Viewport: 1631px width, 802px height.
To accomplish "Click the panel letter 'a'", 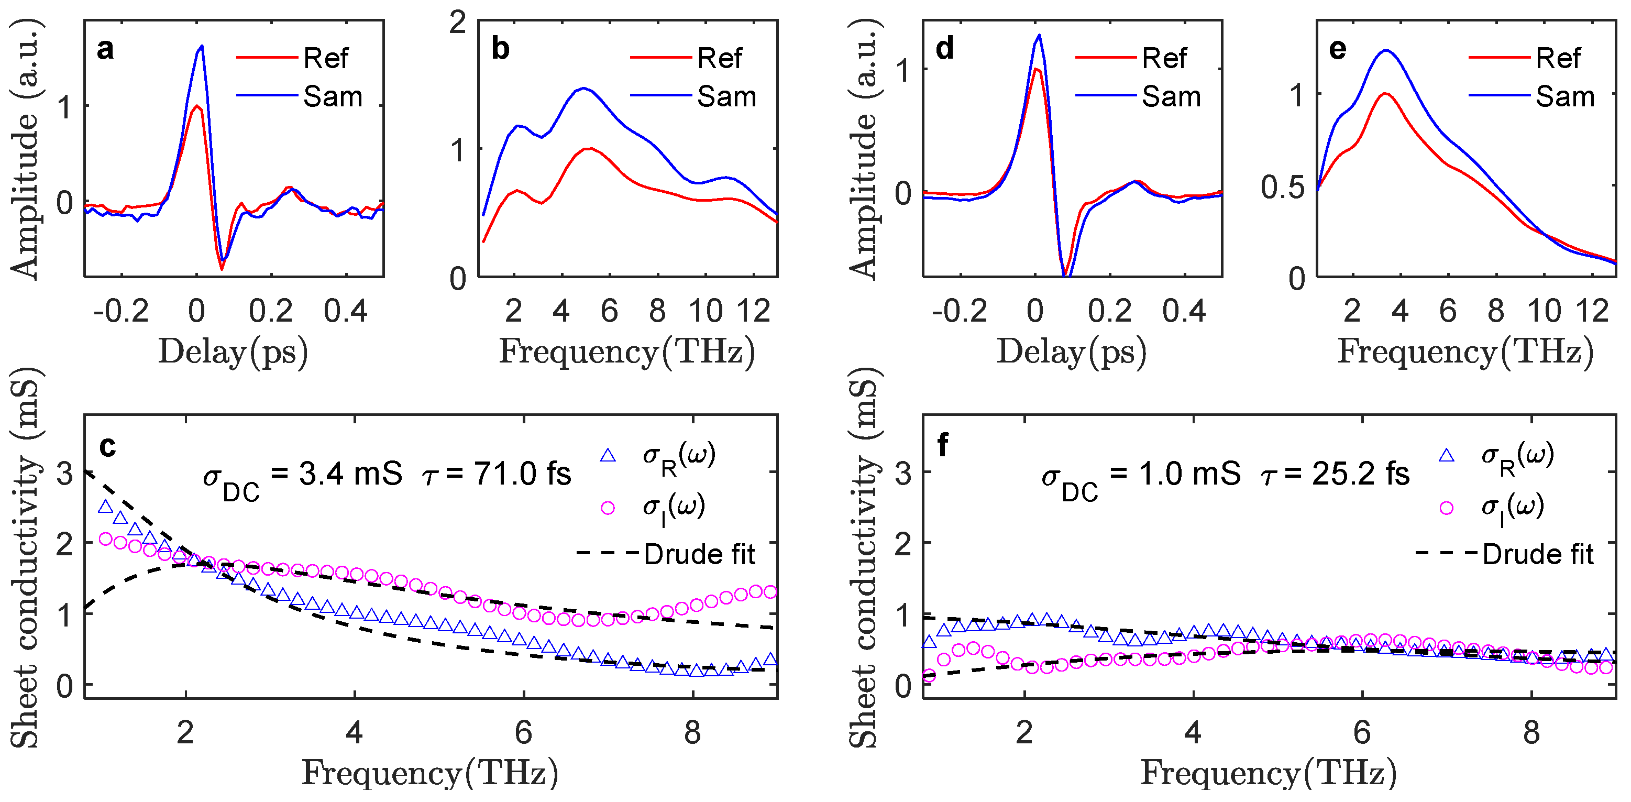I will pos(105,49).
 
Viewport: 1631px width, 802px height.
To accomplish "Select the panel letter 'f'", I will pos(943,445).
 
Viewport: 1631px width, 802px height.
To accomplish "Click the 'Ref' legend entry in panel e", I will pos(1558,58).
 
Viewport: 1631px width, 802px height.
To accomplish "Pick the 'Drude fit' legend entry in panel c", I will pos(699,554).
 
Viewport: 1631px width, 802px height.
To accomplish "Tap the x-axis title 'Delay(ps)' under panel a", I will pos(233,351).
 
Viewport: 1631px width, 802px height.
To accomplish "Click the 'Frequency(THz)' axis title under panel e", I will pos(1465,351).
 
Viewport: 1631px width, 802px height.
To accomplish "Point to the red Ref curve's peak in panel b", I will pos(589,148).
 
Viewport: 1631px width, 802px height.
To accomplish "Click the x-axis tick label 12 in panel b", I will pos(754,311).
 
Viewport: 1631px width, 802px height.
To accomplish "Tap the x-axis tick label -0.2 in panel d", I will pos(959,311).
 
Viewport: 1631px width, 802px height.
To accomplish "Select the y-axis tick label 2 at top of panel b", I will pos(458,23).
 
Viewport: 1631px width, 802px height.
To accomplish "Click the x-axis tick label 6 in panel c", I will pos(524,733).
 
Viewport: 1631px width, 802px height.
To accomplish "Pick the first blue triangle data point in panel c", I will pos(106,507).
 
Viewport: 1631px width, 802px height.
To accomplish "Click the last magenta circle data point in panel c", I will pos(770,592).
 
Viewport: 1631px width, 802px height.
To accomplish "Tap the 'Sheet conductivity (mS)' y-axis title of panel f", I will pos(864,557).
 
